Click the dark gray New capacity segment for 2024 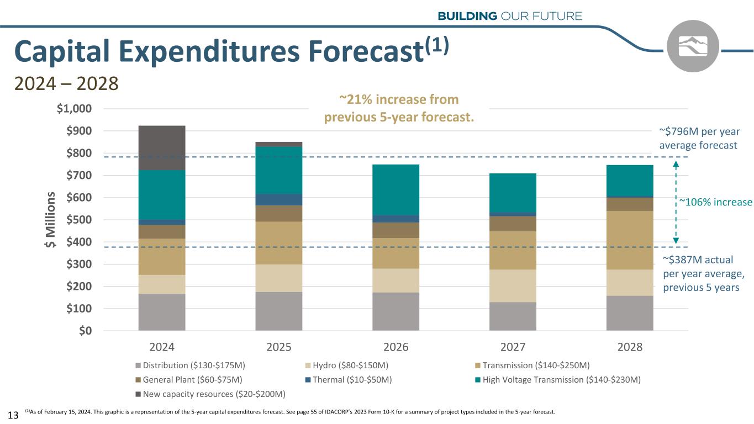[162, 147]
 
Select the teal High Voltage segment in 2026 [396, 189]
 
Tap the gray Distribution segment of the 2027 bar [513, 316]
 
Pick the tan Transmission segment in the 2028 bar [630, 240]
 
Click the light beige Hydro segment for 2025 [279, 278]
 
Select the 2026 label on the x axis [396, 347]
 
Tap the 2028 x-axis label [630, 347]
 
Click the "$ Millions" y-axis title [52, 220]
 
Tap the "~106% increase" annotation [715, 202]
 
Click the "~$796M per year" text [699, 131]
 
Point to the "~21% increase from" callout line [399, 100]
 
